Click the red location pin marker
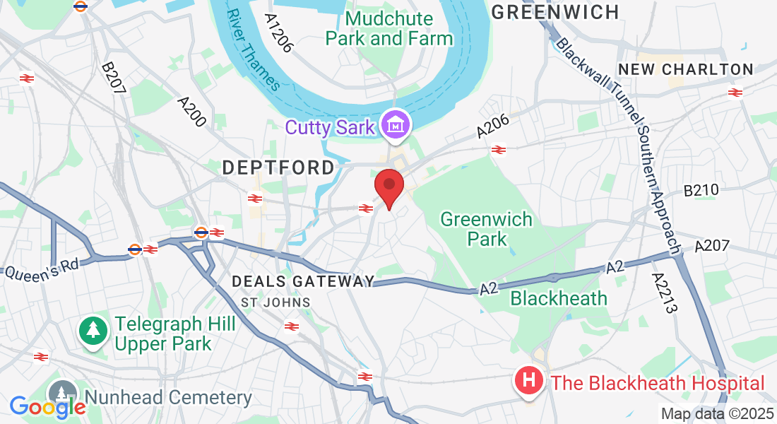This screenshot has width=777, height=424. tap(389, 187)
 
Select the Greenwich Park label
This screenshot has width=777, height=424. tap(487, 228)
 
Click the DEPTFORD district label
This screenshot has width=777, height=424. tap(278, 167)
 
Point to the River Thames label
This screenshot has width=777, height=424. tap(253, 49)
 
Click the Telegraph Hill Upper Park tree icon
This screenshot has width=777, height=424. tap(92, 330)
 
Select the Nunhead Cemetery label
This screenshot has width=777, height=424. tap(168, 398)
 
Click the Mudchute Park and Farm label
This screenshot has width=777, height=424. tap(389, 28)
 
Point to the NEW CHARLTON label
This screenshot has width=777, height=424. tap(686, 69)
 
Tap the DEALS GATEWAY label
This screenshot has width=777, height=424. tap(304, 281)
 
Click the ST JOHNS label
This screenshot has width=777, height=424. tap(275, 302)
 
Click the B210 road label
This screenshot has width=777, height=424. tap(701, 189)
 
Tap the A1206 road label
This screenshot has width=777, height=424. tap(279, 33)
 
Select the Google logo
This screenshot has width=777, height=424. tap(47, 406)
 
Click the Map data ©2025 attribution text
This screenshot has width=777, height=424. tap(716, 414)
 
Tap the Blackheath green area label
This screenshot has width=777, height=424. tap(559, 298)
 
